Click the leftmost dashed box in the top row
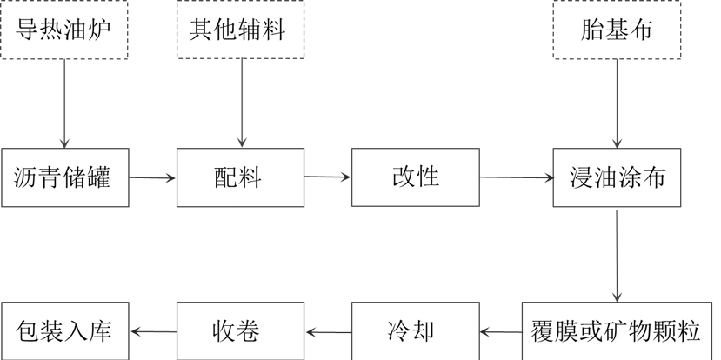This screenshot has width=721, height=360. (x=64, y=30)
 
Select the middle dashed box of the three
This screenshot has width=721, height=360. (x=240, y=30)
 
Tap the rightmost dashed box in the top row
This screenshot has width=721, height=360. (x=617, y=30)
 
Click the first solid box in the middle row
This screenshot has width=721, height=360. (x=65, y=177)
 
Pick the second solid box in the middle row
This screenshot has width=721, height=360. (x=240, y=177)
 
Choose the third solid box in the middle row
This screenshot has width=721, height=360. (x=415, y=177)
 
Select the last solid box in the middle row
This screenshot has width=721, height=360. (x=617, y=177)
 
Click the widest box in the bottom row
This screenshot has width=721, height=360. (x=617, y=331)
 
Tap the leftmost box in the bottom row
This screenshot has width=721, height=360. (x=65, y=331)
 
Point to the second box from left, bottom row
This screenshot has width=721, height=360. (x=240, y=331)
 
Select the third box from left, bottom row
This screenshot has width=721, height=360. (x=415, y=331)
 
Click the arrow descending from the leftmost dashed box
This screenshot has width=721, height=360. (x=64, y=103)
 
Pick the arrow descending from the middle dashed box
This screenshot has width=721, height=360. (x=241, y=103)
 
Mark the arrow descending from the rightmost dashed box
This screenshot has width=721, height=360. (x=617, y=103)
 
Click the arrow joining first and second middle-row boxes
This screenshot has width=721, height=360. (x=153, y=178)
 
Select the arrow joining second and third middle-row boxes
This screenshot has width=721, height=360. (x=328, y=177)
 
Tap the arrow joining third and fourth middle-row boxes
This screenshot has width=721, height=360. (x=517, y=178)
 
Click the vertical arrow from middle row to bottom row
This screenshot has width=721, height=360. (x=617, y=255)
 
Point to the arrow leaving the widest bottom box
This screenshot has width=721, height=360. (x=500, y=331)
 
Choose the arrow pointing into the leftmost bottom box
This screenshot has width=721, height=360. (x=153, y=331)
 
